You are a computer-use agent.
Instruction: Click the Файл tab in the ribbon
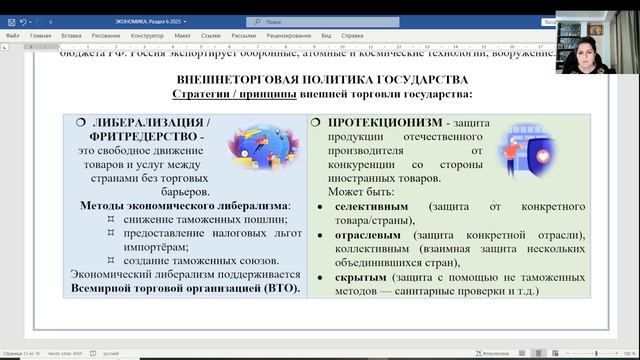pos(12,34)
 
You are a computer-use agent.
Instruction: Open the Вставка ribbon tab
pos(71,34)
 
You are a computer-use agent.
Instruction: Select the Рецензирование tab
pos(289,34)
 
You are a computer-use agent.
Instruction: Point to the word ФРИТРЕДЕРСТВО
pos(139,135)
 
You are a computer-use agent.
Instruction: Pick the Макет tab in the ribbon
pos(182,34)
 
